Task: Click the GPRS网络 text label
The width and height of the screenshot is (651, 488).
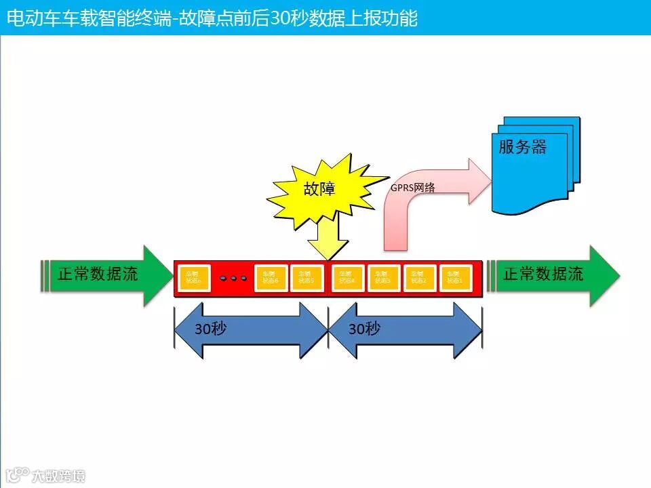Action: pyautogui.click(x=412, y=188)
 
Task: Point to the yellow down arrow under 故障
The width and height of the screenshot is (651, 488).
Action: pyautogui.click(x=328, y=241)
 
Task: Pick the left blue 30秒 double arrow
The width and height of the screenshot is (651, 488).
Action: pyautogui.click(x=251, y=330)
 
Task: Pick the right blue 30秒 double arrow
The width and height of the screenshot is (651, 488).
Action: pyautogui.click(x=405, y=330)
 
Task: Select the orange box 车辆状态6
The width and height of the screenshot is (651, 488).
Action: pyautogui.click(x=271, y=278)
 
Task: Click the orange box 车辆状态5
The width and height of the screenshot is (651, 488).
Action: pyautogui.click(x=307, y=278)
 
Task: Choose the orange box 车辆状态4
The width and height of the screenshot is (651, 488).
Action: pyautogui.click(x=347, y=278)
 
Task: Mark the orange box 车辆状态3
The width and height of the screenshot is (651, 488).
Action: pyautogui.click(x=383, y=278)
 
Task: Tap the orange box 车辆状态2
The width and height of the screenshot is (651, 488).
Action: pyautogui.click(x=419, y=278)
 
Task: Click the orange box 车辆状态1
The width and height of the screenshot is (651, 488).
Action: pyautogui.click(x=455, y=278)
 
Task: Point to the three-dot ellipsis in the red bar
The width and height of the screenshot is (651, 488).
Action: pyautogui.click(x=233, y=278)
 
